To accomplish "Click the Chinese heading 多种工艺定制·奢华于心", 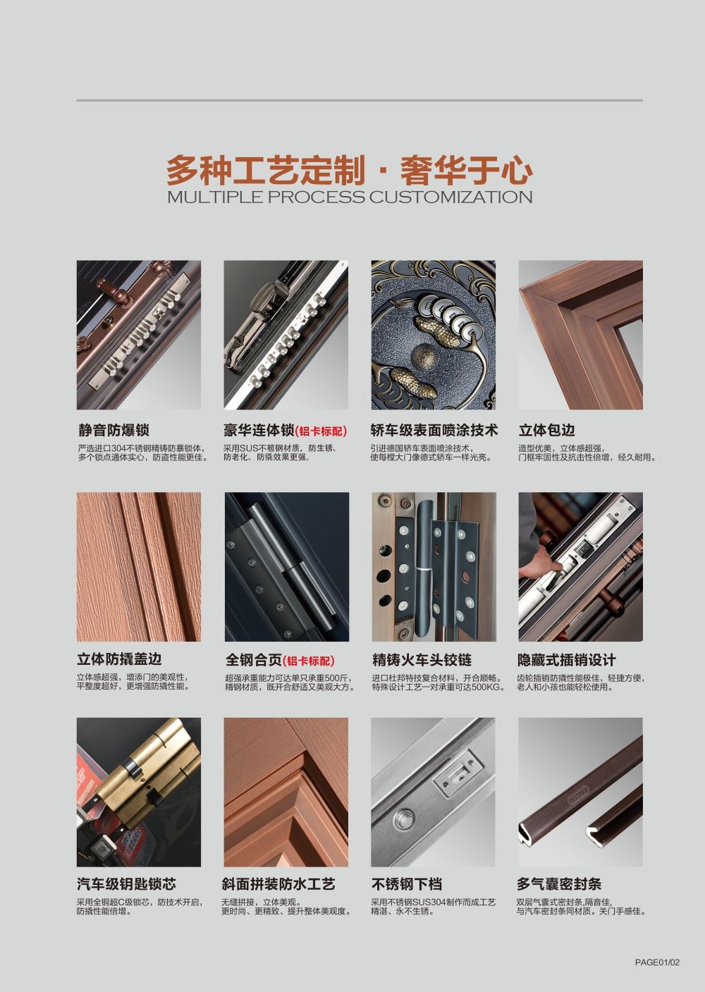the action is [x=350, y=171].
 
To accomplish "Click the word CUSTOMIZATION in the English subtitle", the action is [x=450, y=197].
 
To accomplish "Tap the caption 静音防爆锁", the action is [x=114, y=429].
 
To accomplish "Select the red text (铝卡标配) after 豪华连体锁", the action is [x=321, y=431].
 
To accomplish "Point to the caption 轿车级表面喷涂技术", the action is [x=434, y=429].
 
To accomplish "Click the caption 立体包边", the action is [x=547, y=429].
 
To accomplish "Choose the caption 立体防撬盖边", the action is [x=119, y=659].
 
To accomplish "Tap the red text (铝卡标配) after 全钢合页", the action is [x=309, y=661].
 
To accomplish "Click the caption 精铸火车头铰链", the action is [x=422, y=660].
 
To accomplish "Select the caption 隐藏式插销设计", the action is [x=566, y=660].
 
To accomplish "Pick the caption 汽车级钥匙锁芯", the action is [x=126, y=884].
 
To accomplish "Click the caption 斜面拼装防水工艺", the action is [x=278, y=884].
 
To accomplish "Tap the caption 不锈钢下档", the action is [x=407, y=884].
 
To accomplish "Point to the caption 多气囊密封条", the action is [x=559, y=884].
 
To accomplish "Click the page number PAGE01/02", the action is [x=657, y=962].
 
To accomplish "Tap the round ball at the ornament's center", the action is [x=424, y=357].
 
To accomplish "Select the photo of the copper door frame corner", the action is [x=580, y=335].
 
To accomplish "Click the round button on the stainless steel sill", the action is [x=403, y=819].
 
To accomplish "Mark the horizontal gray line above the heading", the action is [x=360, y=101].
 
